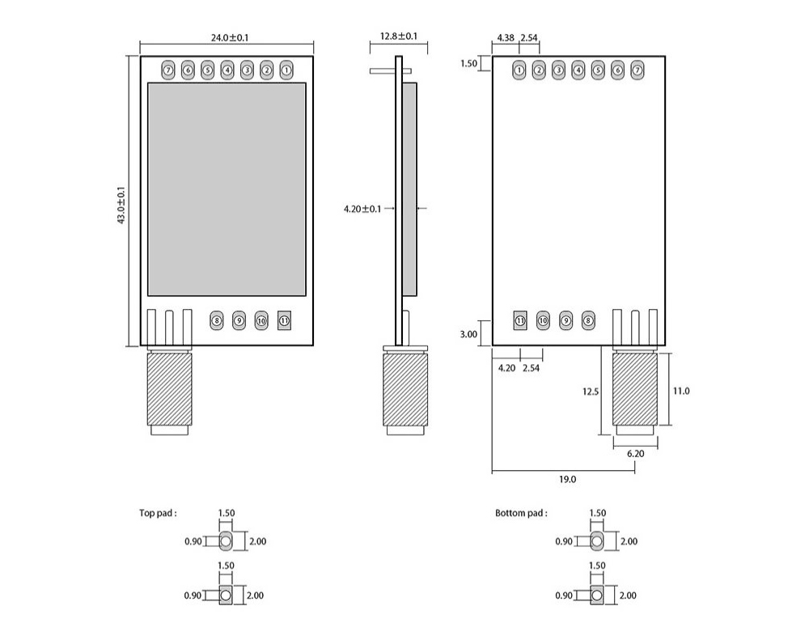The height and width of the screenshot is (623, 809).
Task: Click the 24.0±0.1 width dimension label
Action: pos(225,38)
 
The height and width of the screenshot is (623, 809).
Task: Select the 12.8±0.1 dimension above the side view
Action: pos(399,36)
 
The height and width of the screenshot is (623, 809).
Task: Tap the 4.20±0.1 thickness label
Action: pos(362,209)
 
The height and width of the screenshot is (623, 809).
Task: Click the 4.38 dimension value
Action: pos(506,38)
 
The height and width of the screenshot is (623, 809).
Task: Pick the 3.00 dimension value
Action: pos(468,333)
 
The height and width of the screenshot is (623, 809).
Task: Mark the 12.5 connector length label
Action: pos(590,392)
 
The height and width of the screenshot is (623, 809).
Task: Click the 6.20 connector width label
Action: pos(636,453)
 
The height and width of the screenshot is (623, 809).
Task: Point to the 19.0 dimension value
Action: pos(567,480)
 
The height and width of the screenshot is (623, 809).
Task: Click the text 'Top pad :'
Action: pos(157,513)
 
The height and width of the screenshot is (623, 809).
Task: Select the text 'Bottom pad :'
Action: pos(521,513)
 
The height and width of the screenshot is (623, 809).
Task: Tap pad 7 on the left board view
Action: pos(168,70)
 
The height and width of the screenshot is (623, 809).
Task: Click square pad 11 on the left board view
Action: pos(284,320)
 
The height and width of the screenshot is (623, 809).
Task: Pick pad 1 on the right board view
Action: pos(519,70)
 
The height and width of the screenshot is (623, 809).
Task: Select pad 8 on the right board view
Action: pos(588,320)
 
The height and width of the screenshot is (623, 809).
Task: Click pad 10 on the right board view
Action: pos(543,320)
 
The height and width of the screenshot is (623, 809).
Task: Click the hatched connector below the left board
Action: pos(170,388)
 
